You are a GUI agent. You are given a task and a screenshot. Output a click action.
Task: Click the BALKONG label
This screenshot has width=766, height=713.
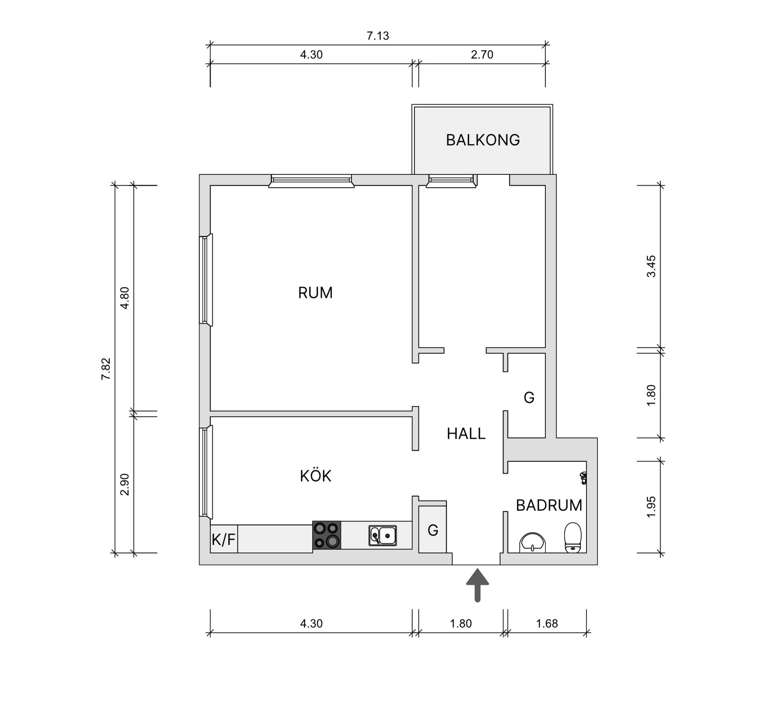[x=483, y=140]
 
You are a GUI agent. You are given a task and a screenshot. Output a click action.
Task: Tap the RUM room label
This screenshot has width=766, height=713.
[x=315, y=293]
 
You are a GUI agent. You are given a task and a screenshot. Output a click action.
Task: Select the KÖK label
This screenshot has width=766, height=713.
[x=316, y=476]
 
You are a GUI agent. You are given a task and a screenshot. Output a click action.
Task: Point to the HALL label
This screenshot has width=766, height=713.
[x=466, y=434]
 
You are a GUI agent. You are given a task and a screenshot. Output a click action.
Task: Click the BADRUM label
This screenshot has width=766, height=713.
[x=549, y=506]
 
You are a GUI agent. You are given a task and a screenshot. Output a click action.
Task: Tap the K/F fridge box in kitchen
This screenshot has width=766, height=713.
[x=224, y=539]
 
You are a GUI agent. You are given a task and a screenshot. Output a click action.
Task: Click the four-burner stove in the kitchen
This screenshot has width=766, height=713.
[x=327, y=535]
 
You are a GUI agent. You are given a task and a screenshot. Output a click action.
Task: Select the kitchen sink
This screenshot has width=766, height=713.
[x=383, y=535]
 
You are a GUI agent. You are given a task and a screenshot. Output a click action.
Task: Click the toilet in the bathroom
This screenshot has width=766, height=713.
[x=573, y=537]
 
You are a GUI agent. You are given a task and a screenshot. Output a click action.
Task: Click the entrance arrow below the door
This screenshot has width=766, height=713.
[x=478, y=585]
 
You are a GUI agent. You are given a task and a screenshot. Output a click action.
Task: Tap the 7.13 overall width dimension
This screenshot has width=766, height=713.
[x=378, y=36]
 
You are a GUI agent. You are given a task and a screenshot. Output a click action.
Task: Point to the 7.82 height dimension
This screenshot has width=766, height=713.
[x=106, y=369]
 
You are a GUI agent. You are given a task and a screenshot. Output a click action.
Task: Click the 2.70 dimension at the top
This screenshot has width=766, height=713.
[x=482, y=55]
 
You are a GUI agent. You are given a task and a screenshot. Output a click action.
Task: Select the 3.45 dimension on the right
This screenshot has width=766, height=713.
[x=651, y=267]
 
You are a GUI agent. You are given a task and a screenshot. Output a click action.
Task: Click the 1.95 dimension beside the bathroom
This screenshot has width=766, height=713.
[x=651, y=507]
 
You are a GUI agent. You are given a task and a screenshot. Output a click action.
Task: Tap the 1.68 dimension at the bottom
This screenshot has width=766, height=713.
[x=547, y=623]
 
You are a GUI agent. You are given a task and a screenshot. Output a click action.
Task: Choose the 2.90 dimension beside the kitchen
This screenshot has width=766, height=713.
[x=125, y=484]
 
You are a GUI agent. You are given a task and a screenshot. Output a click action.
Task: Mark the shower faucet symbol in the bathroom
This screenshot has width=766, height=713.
[x=584, y=478]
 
